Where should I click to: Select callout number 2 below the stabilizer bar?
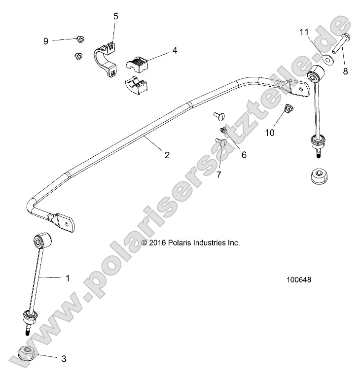(x=167, y=155)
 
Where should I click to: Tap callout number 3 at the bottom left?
(x=64, y=359)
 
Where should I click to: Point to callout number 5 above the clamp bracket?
(x=116, y=16)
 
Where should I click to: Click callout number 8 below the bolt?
(x=345, y=71)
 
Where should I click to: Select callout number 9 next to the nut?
(x=46, y=41)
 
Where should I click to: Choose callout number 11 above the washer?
(x=304, y=33)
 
